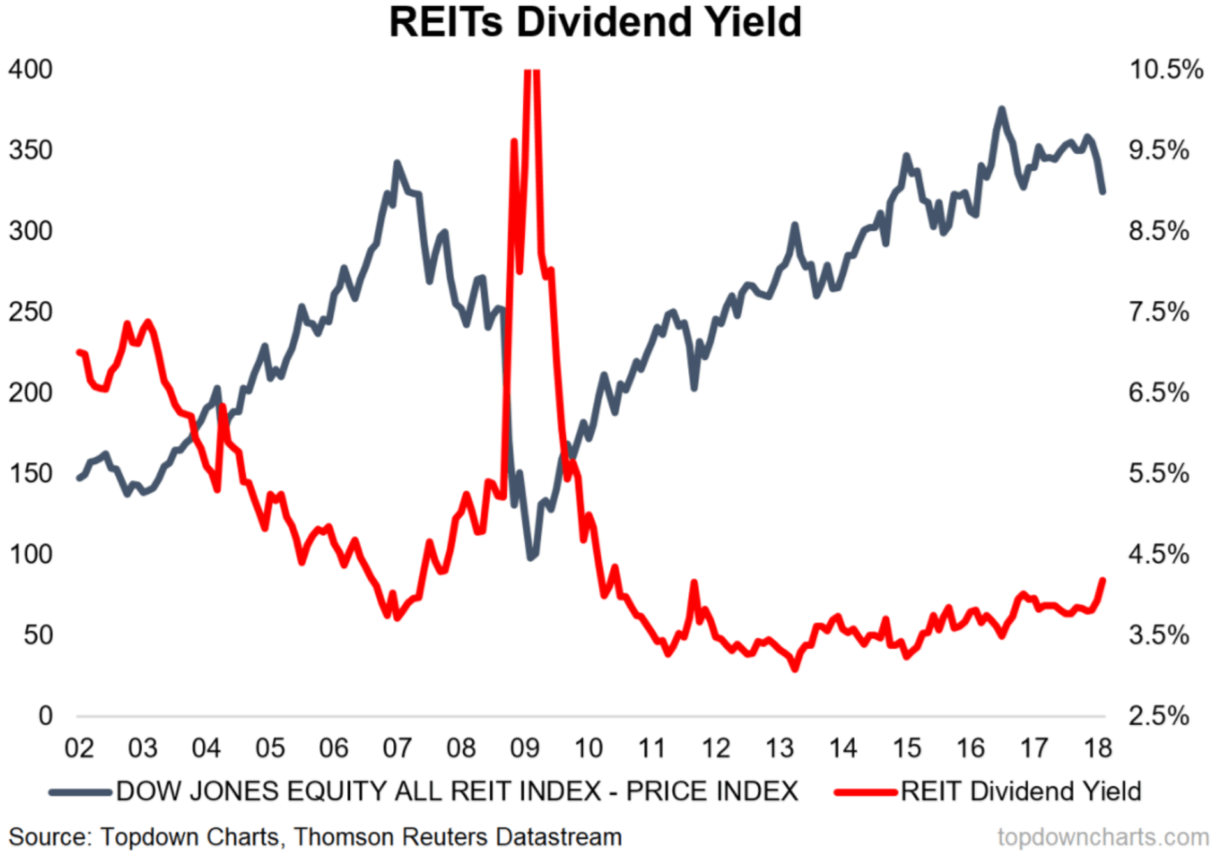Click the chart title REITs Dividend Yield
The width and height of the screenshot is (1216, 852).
coord(595,23)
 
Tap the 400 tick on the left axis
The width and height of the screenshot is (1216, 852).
coord(30,70)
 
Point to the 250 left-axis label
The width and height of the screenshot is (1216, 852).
coord(30,312)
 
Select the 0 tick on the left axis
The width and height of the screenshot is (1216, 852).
coord(45,716)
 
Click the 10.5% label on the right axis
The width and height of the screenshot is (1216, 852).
coord(1166,70)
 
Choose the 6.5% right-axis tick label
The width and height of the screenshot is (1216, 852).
coord(1159,393)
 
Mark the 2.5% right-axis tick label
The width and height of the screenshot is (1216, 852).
coord(1159,716)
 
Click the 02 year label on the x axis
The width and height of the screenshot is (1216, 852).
coord(79,748)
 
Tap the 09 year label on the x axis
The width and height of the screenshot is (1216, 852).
coord(525,748)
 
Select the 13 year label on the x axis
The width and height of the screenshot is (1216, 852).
coord(779,748)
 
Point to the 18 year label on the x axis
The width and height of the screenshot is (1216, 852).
coord(1098,748)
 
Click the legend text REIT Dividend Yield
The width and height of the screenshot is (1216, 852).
coord(1020,791)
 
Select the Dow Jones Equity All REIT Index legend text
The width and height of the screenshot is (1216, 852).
coord(457,791)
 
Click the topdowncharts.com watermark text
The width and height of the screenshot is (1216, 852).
coord(1103,837)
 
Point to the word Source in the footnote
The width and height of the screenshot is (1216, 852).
coord(51,837)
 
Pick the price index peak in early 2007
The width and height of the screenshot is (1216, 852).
coord(397,163)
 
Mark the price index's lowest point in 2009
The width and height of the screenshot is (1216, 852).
coord(530,557)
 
